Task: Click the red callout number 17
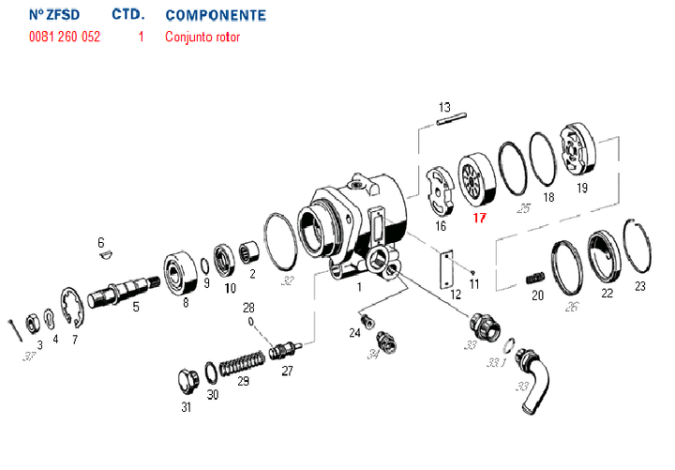479,219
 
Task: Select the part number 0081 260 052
65,38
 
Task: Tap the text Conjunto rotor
202,38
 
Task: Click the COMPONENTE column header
215,16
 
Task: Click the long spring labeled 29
244,361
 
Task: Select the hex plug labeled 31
186,383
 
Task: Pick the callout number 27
287,371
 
